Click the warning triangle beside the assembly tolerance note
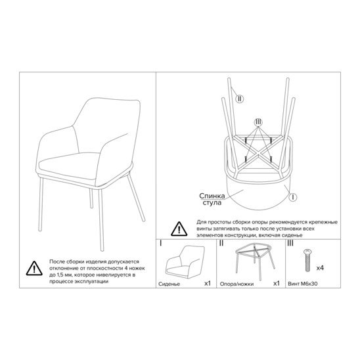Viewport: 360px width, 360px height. [34, 269]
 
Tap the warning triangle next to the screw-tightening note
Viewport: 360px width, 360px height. [179, 229]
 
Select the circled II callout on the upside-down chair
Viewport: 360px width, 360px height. [240, 99]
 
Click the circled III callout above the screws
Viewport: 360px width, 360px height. [258, 122]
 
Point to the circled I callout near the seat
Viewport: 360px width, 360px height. [292, 197]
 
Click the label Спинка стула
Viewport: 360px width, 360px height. [212, 199]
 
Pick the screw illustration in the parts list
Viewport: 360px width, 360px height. [307, 261]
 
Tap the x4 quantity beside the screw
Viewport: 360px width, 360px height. [320, 268]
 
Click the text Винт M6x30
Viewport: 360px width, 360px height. [303, 284]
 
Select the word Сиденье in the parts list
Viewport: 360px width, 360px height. [169, 284]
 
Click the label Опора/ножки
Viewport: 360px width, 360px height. [236, 284]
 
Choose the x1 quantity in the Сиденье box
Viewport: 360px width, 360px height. [208, 284]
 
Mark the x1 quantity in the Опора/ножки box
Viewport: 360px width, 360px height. [277, 284]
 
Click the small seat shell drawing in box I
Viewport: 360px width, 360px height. [185, 262]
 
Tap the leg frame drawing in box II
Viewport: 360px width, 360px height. [255, 261]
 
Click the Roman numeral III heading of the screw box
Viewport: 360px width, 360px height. [290, 243]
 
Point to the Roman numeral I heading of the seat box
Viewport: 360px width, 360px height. [160, 243]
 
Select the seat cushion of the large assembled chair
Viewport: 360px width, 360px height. [69, 166]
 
